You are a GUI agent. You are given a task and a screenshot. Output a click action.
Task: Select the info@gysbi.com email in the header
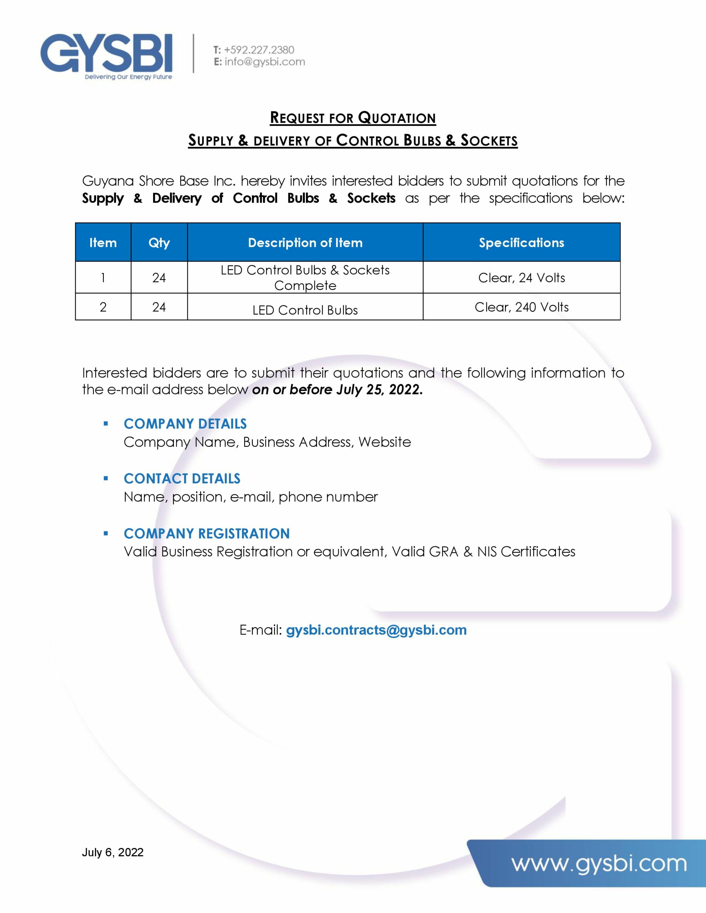264,62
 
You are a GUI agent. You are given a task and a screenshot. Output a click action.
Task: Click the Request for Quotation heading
353,118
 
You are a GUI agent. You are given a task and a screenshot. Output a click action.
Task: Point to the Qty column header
159,243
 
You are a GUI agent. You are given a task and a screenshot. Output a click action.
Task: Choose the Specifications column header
521,243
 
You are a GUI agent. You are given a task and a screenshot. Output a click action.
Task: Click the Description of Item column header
305,243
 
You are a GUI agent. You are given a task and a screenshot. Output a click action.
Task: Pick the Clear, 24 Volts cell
521,277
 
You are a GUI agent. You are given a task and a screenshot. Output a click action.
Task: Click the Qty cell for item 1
159,277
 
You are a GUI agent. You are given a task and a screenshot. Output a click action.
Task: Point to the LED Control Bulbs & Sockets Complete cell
305,277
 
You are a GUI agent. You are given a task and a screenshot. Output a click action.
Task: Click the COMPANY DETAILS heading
185,424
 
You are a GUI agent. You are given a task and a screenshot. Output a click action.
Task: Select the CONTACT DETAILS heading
182,479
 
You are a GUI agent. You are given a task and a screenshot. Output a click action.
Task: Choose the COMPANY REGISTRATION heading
207,534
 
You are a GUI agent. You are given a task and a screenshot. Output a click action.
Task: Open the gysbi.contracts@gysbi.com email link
376,630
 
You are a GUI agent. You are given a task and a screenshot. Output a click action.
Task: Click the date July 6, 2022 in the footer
112,852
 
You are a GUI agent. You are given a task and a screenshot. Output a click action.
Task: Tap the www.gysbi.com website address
599,864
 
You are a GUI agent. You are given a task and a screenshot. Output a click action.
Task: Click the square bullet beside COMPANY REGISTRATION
106,534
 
